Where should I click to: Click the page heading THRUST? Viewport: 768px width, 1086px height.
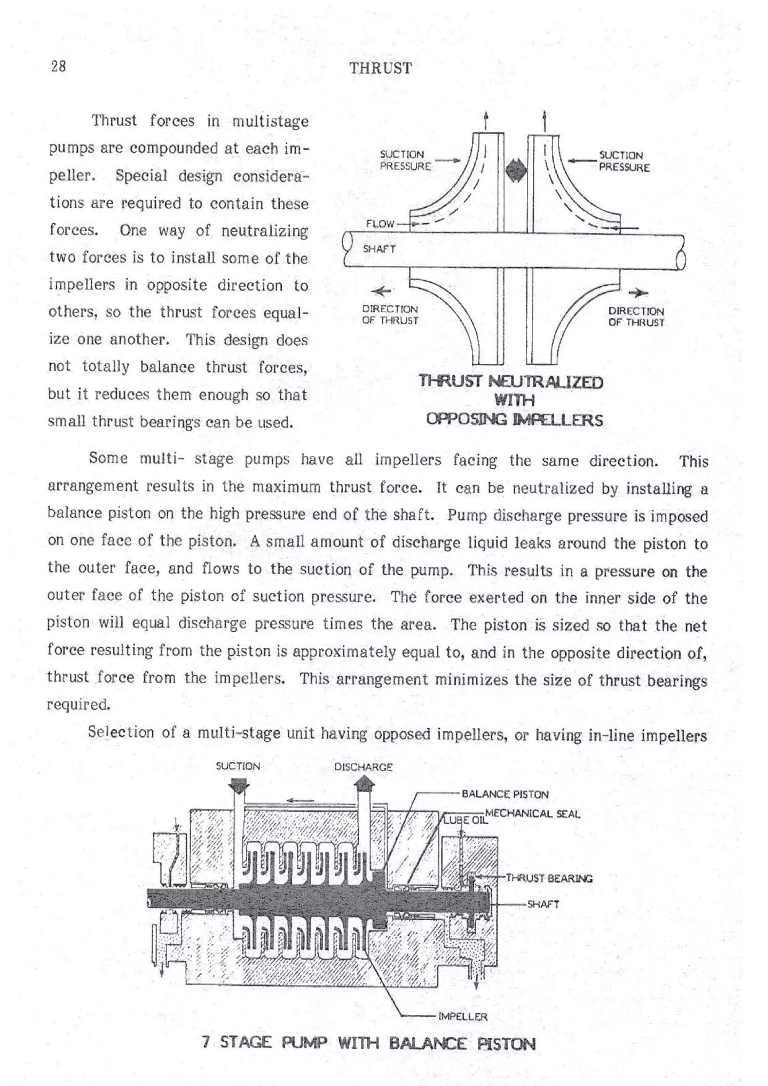click(x=381, y=69)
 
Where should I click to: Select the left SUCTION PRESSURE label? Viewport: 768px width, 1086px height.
click(x=405, y=161)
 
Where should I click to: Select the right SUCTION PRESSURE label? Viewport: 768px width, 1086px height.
click(x=624, y=161)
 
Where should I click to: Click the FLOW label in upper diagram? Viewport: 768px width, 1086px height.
click(x=379, y=224)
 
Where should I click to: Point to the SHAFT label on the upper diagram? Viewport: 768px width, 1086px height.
click(x=378, y=249)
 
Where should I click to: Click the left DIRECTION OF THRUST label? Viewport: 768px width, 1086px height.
click(x=390, y=315)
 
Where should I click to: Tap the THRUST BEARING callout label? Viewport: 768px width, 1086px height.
click(x=549, y=878)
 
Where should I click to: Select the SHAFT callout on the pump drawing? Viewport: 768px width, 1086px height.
click(x=543, y=904)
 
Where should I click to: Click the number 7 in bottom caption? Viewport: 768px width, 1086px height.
click(x=205, y=1043)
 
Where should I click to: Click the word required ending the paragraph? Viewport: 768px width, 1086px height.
click(x=78, y=705)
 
